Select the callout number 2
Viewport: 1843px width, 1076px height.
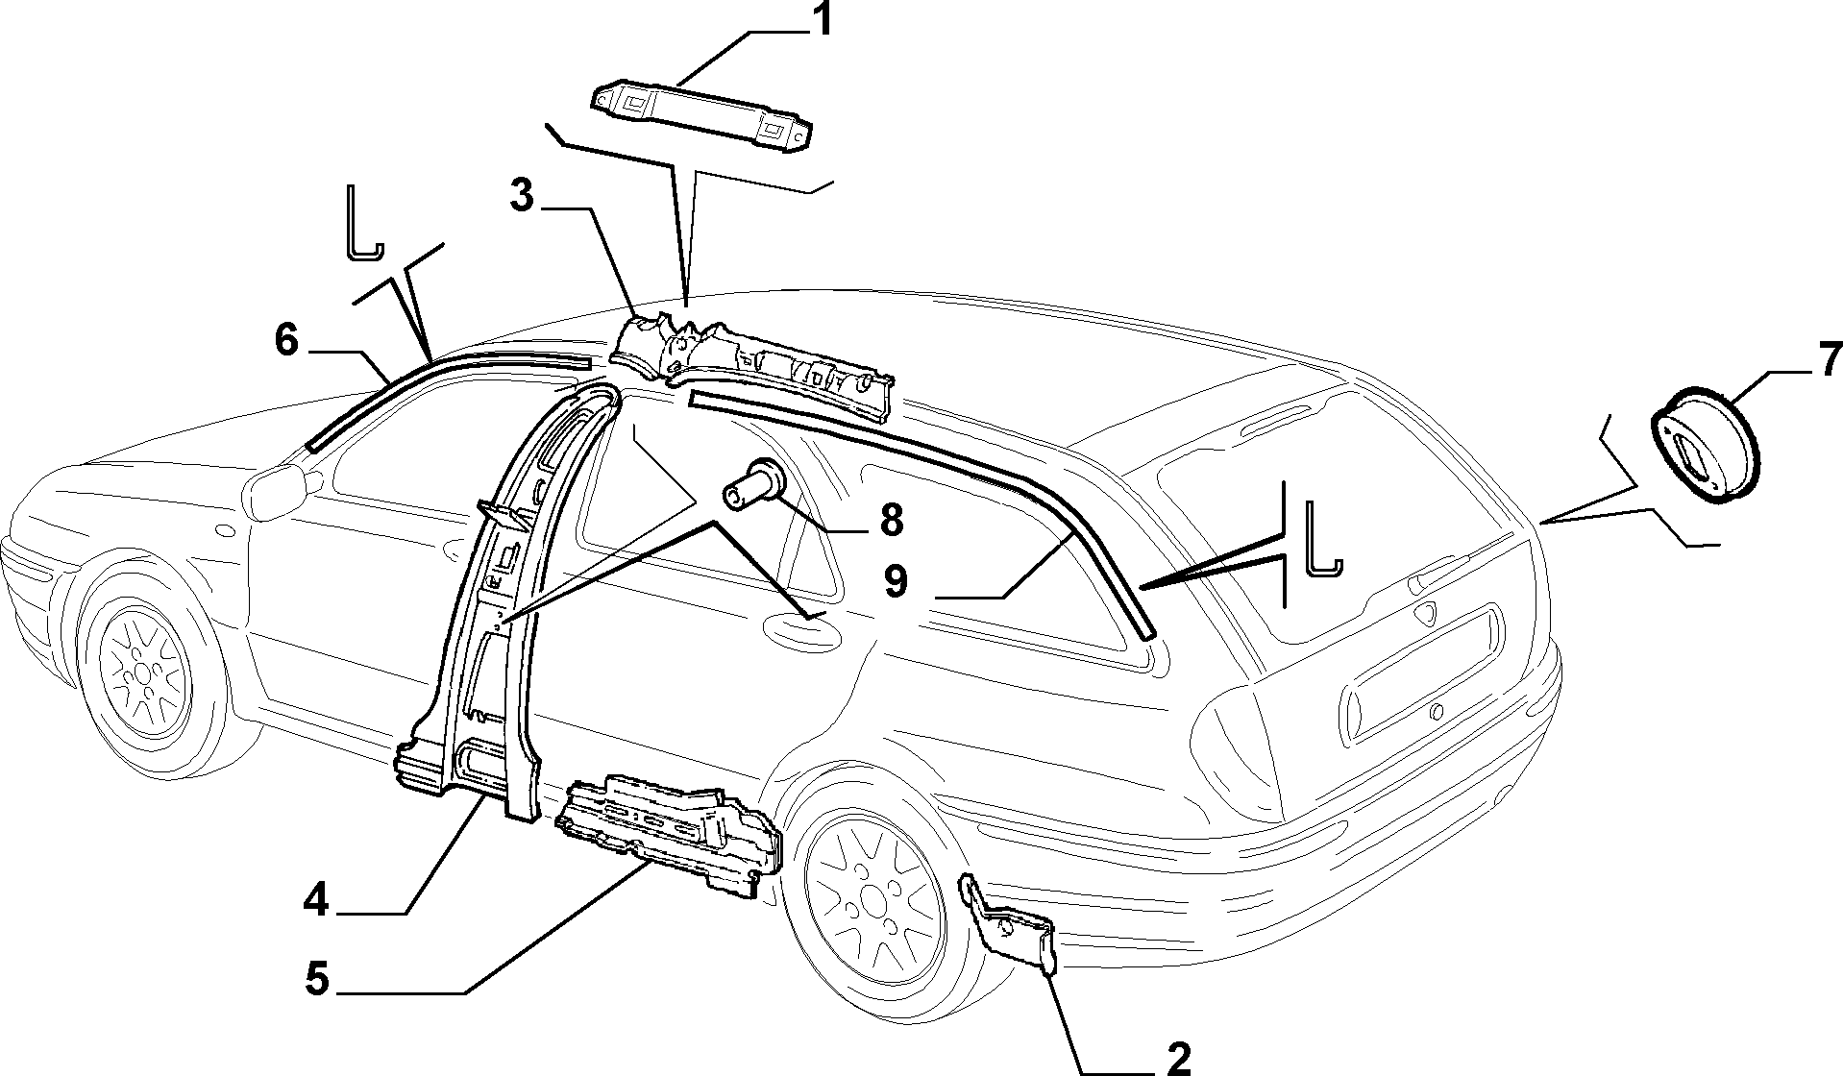(1177, 1058)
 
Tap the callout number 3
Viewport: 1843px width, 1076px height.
(522, 196)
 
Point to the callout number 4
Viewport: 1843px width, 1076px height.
(316, 901)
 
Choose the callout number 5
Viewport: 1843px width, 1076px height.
(316, 981)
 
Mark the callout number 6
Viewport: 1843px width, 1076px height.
(287, 340)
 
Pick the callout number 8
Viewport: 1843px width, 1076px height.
(890, 520)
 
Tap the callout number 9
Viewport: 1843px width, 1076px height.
(896, 582)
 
